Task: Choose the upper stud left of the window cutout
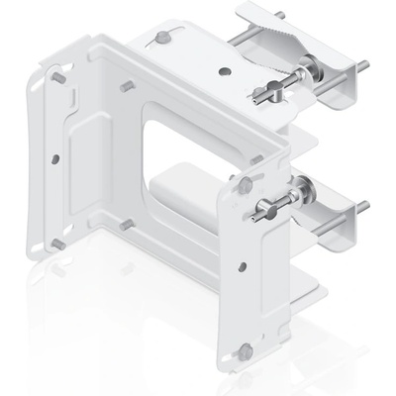[125, 86]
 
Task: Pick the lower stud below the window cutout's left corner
[125, 224]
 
